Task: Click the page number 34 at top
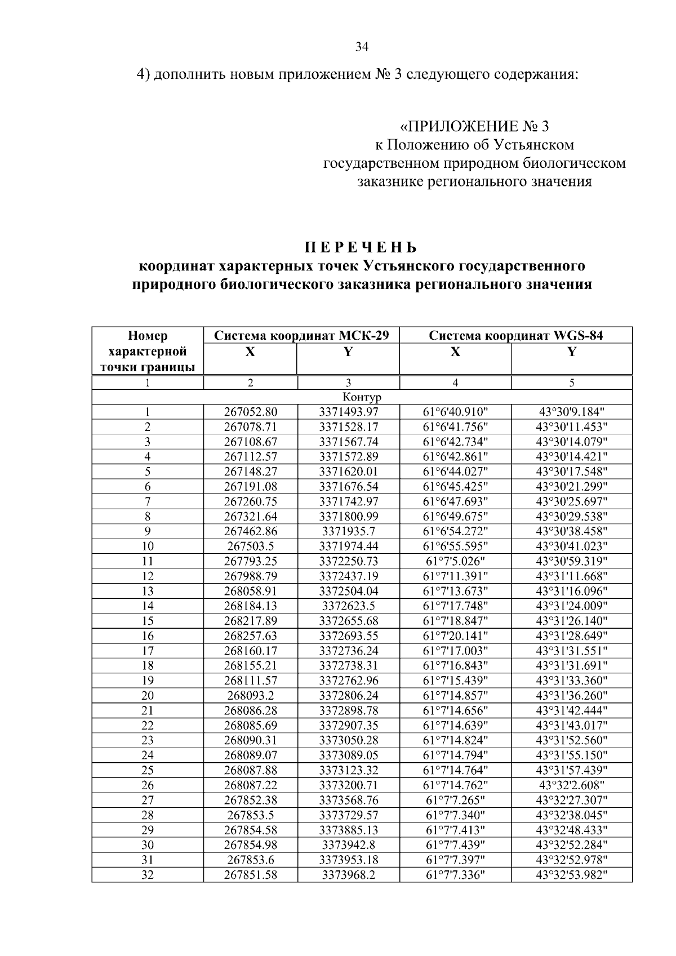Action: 362,47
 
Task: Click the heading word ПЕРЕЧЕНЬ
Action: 362,248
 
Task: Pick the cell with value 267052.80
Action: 251,412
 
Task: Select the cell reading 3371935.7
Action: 349,531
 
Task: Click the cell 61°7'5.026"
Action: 455,561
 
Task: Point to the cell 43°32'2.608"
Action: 571,785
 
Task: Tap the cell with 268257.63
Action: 251,636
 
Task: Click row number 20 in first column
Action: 148,696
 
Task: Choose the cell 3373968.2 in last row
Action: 349,875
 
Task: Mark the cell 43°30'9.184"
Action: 571,412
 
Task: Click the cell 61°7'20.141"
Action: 455,636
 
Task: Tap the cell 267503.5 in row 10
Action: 251,546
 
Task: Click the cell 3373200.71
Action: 349,785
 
